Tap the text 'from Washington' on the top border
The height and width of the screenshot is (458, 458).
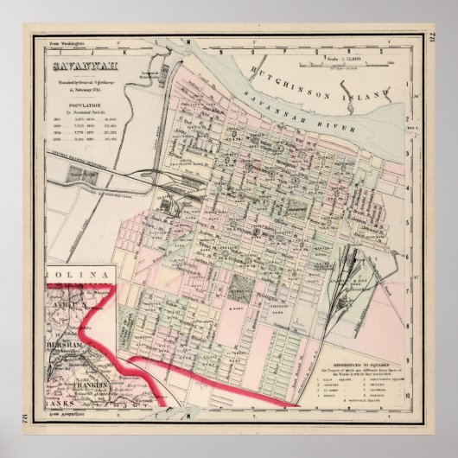67,41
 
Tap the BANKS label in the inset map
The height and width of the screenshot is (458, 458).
56,403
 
